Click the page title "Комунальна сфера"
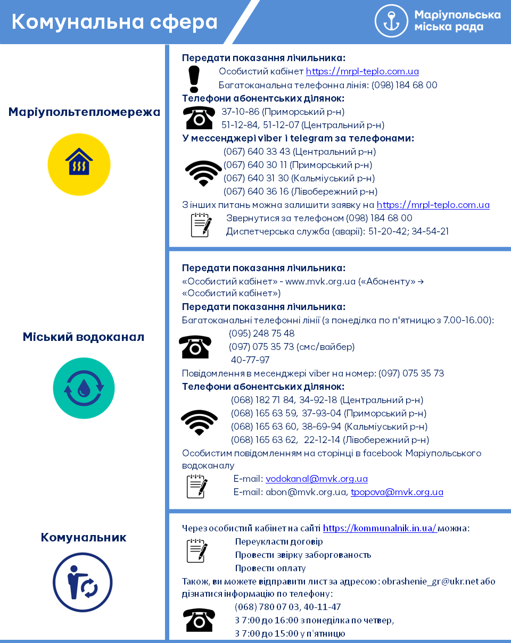(x=114, y=22)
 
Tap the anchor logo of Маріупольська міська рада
(x=391, y=21)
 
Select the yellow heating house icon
(x=79, y=164)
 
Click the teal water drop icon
(x=84, y=388)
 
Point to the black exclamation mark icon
(x=194, y=79)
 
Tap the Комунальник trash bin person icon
(x=83, y=582)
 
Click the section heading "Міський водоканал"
(x=84, y=337)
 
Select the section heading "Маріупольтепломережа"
(x=84, y=112)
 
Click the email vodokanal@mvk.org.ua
(x=317, y=479)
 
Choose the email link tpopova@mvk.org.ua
(x=397, y=492)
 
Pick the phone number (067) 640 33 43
(x=257, y=152)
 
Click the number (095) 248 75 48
(x=261, y=333)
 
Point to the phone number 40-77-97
(x=250, y=360)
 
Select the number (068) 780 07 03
(x=264, y=607)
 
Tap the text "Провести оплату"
(x=270, y=568)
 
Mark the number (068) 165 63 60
(x=264, y=427)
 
